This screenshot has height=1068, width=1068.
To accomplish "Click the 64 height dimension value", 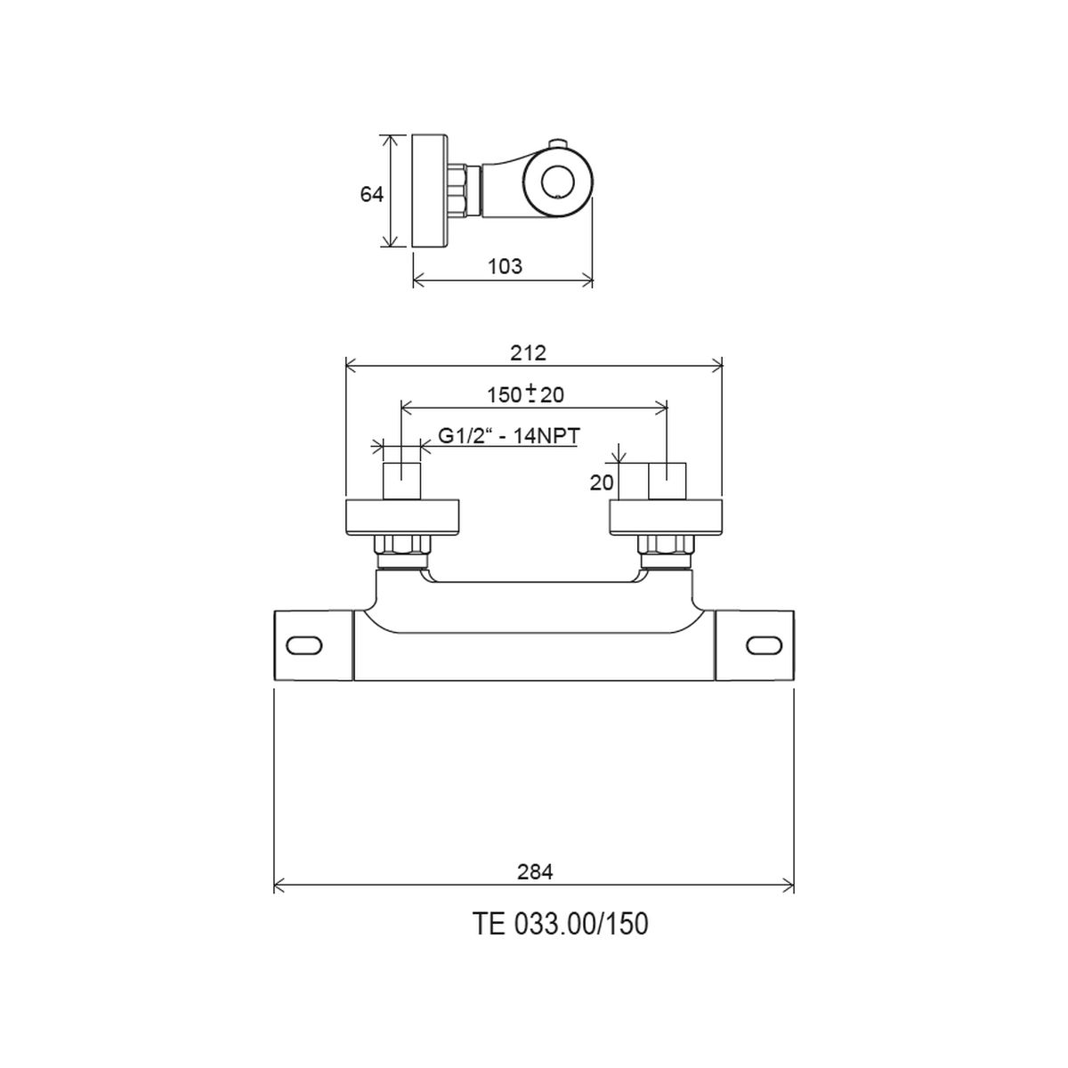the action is click(x=371, y=195).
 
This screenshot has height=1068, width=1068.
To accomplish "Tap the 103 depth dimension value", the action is click(x=505, y=267).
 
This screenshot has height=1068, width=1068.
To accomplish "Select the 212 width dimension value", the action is click(x=528, y=353).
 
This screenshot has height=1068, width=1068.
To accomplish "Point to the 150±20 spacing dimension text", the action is click(x=525, y=394).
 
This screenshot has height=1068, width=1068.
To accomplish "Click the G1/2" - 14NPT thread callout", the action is click(x=509, y=436).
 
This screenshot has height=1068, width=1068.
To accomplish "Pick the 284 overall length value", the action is click(x=535, y=872).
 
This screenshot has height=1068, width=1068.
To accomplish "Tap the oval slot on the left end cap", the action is click(x=303, y=645).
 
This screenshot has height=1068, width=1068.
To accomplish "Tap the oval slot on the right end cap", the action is click(x=765, y=645).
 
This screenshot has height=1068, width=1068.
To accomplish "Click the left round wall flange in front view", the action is click(x=402, y=518).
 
